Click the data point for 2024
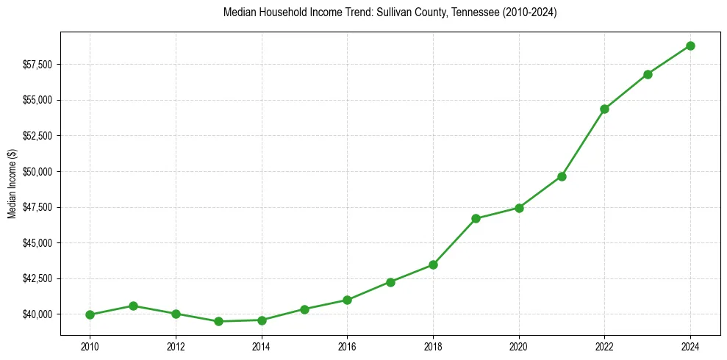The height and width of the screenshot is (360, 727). pos(690,46)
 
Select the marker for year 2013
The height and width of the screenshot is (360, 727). pos(218,321)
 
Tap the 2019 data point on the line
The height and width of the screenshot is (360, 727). pos(476,218)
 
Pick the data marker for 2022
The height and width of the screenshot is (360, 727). pos(604,109)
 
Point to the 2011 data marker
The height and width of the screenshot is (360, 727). pos(133,306)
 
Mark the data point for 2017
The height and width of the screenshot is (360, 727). pos(390,282)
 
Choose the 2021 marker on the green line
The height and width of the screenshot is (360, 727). pos(562,176)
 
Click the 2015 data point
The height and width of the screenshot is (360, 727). pos(304,309)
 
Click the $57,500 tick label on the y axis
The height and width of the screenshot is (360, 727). pos(37,65)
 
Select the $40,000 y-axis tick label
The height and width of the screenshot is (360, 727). pos(37,314)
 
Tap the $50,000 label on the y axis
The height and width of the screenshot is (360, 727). pos(37,172)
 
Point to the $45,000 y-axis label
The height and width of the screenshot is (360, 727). pos(37,243)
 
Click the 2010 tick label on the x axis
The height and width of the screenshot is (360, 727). pos(90,345)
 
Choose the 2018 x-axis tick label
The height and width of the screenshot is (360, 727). pos(433,345)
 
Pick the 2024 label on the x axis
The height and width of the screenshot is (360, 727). pos(690,345)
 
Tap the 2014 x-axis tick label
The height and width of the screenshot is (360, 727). pos(262,345)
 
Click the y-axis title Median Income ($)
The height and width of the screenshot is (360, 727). pos(12,184)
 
